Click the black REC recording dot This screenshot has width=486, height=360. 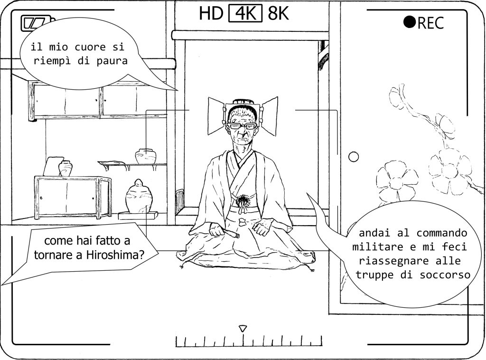[409, 22]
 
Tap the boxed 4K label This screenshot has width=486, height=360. [245, 13]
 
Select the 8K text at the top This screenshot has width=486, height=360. [278, 13]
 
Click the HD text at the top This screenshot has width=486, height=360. [211, 13]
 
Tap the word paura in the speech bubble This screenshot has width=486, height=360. [112, 61]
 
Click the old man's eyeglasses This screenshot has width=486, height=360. [242, 126]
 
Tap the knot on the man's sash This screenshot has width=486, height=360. [243, 200]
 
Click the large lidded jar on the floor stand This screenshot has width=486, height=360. [139, 196]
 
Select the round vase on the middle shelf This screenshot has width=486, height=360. [146, 156]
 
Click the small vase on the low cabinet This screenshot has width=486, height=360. [65, 169]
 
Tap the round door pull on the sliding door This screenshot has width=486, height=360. [353, 157]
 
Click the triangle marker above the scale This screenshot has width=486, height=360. [243, 329]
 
